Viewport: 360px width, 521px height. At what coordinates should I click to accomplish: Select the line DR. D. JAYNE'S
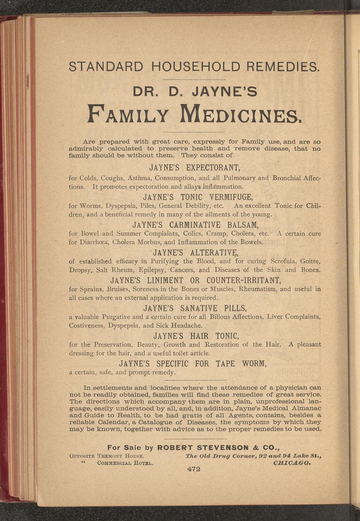[x=195, y=91]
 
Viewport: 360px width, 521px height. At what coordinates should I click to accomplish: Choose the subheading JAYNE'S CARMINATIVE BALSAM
[x=195, y=225]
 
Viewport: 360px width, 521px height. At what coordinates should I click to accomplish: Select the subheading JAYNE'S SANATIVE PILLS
[x=195, y=308]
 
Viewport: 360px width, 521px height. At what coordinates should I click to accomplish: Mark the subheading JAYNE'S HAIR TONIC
[x=195, y=336]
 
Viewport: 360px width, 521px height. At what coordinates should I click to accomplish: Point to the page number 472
[x=193, y=469]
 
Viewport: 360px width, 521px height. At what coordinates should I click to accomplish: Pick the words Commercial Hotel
[x=125, y=463]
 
